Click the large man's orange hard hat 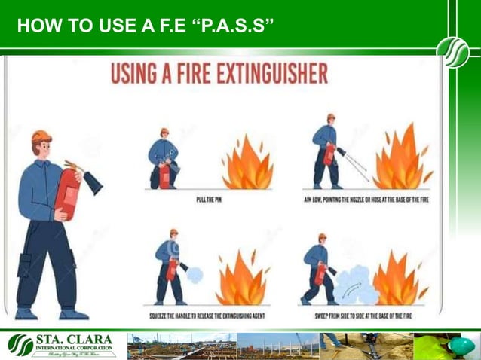point(41,136)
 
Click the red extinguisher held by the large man point(68,192)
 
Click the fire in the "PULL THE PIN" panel point(247,164)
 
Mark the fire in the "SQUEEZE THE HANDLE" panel point(240,279)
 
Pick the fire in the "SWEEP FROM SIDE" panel point(397,279)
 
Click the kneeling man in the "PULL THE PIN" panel point(164,160)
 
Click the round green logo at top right point(452,52)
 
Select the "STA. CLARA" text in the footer point(75,340)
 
